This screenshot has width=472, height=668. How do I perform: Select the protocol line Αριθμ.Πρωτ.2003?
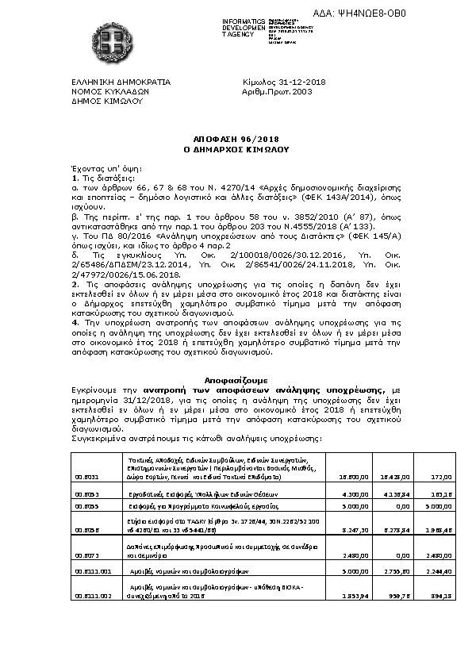point(277,92)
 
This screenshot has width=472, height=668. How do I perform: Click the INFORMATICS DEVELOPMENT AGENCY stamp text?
point(223,27)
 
